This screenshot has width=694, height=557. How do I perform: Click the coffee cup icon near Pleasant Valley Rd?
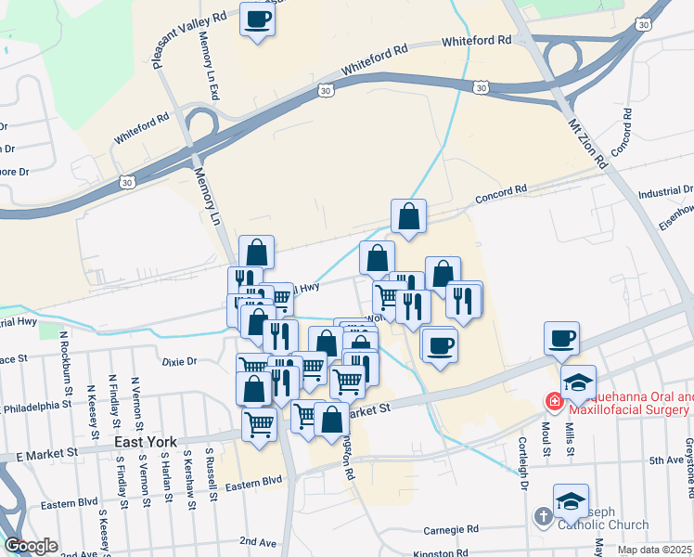pos(258,18)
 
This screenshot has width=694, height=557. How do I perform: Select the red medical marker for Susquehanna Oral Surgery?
pos(554,402)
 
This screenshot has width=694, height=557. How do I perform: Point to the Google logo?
pos(31,546)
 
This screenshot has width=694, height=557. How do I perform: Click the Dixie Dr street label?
pos(180,360)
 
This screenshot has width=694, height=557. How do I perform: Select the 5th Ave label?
pos(665,460)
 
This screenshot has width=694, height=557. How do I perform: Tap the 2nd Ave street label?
pos(258,540)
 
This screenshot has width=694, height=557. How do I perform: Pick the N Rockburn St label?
pos(64,357)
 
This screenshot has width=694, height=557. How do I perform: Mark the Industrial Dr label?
pos(666,192)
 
